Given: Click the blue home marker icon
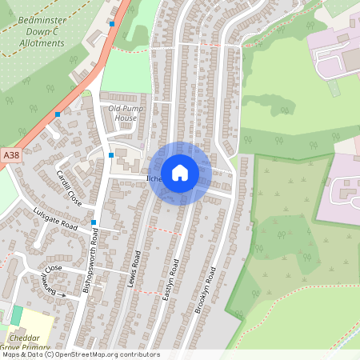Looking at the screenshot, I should [180, 173].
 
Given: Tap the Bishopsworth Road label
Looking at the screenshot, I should [90, 261].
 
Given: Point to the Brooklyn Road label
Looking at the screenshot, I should [206, 290].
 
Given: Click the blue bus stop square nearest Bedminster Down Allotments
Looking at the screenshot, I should [112, 25].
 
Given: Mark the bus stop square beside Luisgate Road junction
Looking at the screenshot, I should [94, 222].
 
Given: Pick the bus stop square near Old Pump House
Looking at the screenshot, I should [110, 154].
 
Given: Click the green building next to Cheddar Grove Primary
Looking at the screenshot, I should [17, 315].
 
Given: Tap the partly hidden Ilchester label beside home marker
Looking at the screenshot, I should [154, 178].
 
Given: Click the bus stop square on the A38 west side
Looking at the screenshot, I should [58, 114].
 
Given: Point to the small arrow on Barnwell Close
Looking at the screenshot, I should [63, 294].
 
